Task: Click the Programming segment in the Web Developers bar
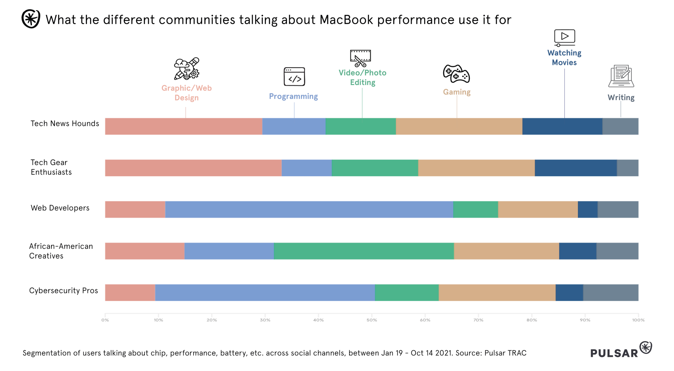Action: click(309, 210)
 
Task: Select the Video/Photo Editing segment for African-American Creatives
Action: click(364, 251)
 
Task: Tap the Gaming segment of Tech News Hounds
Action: click(459, 126)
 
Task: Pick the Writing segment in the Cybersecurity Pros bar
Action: click(610, 293)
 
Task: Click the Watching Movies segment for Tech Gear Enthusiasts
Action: click(576, 168)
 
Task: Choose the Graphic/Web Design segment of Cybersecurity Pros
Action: click(130, 293)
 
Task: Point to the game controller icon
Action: click(456, 73)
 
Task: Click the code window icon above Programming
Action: click(294, 77)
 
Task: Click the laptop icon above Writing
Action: click(621, 76)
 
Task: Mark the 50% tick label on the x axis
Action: click(372, 320)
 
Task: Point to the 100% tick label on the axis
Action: click(638, 320)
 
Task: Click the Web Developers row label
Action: click(60, 208)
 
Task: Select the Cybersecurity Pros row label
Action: click(64, 291)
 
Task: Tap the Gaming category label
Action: click(456, 92)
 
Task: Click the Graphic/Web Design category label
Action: click(186, 93)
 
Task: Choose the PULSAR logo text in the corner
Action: click(614, 353)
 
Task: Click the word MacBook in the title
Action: click(346, 20)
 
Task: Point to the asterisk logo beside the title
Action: click(31, 19)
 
